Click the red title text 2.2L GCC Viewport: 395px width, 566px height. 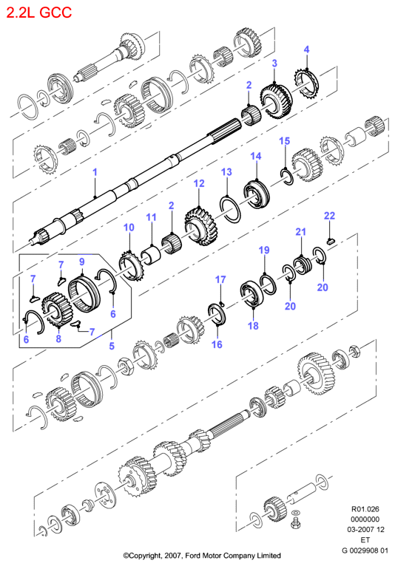click(39, 13)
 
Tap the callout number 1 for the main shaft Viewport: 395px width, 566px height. click(95, 172)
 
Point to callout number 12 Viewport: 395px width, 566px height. click(199, 183)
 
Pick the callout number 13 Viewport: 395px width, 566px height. click(226, 172)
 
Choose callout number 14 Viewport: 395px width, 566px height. click(256, 156)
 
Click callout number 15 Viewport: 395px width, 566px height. click(284, 141)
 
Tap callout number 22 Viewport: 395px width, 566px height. click(329, 216)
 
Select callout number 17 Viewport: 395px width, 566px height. click(220, 279)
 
